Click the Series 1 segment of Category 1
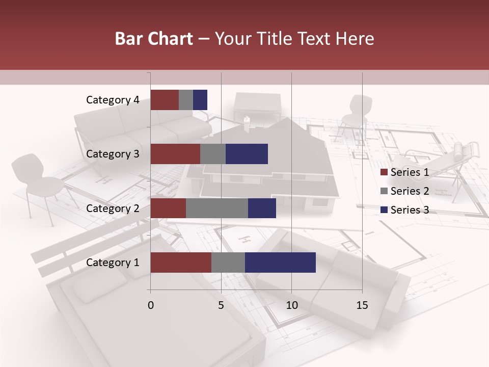pyautogui.click(x=181, y=263)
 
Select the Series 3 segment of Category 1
pyautogui.click(x=280, y=263)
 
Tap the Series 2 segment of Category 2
pyautogui.click(x=217, y=208)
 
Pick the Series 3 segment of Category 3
pyautogui.click(x=247, y=154)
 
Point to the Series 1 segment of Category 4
pyautogui.click(x=165, y=100)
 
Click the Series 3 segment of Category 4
pyautogui.click(x=200, y=100)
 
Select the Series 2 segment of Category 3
pyautogui.click(x=213, y=154)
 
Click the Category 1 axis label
pyautogui.click(x=113, y=263)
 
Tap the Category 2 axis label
pyautogui.click(x=113, y=208)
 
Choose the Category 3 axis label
pyautogui.click(x=113, y=154)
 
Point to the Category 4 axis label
pyautogui.click(x=113, y=100)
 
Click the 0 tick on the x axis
pyautogui.click(x=151, y=305)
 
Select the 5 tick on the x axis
pyautogui.click(x=221, y=305)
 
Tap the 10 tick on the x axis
pyautogui.click(x=291, y=305)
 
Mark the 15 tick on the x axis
pyautogui.click(x=362, y=305)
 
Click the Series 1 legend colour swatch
pyautogui.click(x=384, y=172)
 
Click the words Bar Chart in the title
pyautogui.click(x=154, y=39)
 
